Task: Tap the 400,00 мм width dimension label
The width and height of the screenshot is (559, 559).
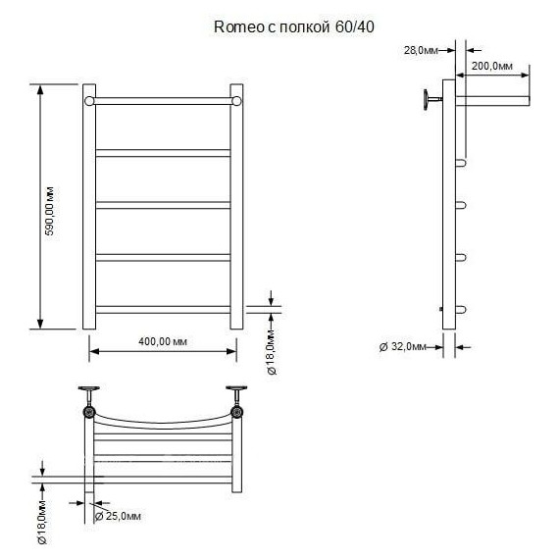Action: pos(163,340)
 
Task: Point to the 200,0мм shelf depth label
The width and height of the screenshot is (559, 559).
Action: pos(492,65)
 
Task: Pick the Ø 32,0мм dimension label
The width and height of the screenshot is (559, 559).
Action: pos(403,345)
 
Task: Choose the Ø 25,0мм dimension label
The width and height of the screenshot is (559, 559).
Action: pos(119,516)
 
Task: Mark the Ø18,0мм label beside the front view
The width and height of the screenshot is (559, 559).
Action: pos(272,350)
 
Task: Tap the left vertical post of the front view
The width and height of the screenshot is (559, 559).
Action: pos(89,206)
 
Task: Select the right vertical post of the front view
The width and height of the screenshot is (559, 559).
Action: pos(236,206)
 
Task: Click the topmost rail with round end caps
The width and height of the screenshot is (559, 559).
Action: pos(163,100)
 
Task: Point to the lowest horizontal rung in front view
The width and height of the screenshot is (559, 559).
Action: pos(163,308)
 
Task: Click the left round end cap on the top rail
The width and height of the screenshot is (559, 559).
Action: pos(89,100)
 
